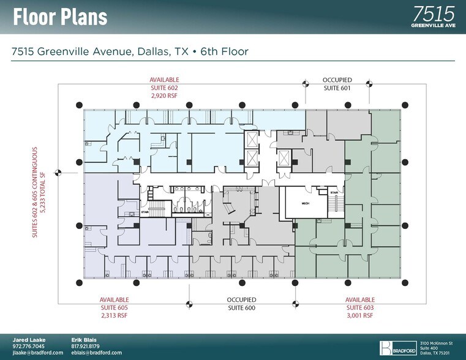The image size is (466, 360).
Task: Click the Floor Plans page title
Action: pyautogui.click(x=60, y=17)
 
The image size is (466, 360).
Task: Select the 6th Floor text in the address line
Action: pyautogui.click(x=224, y=51)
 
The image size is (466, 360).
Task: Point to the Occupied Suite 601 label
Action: pyautogui.click(x=337, y=84)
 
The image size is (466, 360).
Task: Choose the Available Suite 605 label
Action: pyautogui.click(x=115, y=307)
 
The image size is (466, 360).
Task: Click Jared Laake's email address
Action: pyautogui.click(x=38, y=353)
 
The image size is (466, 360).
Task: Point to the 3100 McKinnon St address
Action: pyautogui.click(x=437, y=342)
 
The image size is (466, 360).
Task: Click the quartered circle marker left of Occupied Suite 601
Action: pyautogui.click(x=304, y=83)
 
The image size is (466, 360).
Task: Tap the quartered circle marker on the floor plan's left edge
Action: pyautogui.click(x=58, y=173)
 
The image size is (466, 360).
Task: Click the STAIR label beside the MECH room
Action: pyautogui.click(x=334, y=192)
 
